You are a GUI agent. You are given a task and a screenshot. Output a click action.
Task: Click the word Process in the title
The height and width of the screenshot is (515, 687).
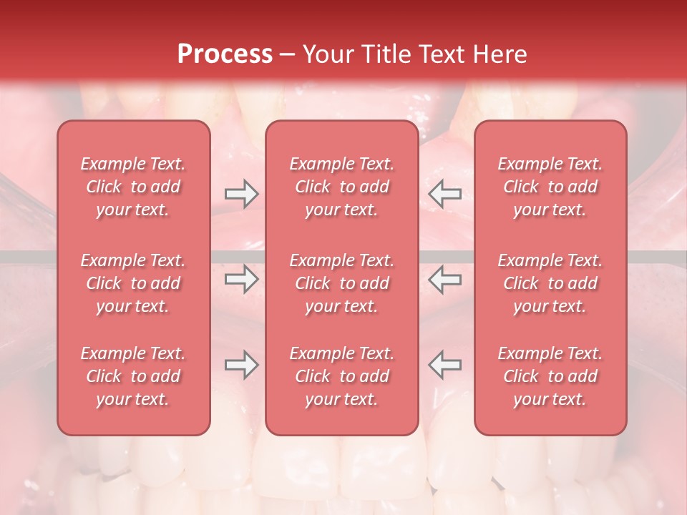[x=225, y=54]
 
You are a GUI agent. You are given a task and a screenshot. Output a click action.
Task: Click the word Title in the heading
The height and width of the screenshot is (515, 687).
[x=385, y=54]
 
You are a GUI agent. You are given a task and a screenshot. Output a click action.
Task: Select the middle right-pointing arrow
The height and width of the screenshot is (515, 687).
[x=241, y=279]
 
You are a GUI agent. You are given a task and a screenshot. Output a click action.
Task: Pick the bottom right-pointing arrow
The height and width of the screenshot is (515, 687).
[x=241, y=365]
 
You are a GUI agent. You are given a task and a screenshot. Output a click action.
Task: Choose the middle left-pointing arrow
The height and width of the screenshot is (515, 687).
[x=444, y=279]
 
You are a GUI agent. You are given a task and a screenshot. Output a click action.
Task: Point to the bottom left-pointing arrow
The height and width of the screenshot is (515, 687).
[x=444, y=365]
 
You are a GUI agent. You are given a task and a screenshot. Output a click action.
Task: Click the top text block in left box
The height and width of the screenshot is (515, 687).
[x=133, y=187]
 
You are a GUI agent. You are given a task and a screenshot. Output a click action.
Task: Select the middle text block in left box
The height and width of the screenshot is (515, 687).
[x=133, y=283]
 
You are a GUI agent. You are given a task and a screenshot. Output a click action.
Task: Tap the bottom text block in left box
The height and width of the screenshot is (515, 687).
[x=133, y=376]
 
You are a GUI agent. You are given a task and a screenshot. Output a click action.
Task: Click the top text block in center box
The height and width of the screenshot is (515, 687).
[x=341, y=187]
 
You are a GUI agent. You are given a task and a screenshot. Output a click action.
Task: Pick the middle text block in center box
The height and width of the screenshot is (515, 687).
[x=341, y=283]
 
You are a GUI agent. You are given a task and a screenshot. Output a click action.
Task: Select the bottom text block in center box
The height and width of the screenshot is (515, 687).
[x=341, y=376]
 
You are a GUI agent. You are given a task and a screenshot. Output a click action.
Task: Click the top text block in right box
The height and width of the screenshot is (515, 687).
[x=550, y=187]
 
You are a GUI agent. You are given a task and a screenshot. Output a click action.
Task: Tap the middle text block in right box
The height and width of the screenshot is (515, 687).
[x=550, y=283]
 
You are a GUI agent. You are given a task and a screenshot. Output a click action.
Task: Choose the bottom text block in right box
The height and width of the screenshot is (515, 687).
[x=550, y=376]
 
